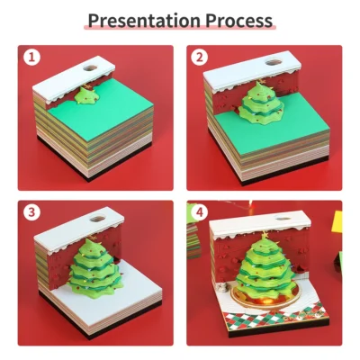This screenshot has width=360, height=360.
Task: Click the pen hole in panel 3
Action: click(99, 219)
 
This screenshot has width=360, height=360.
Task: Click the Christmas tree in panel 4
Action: click(265, 270)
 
